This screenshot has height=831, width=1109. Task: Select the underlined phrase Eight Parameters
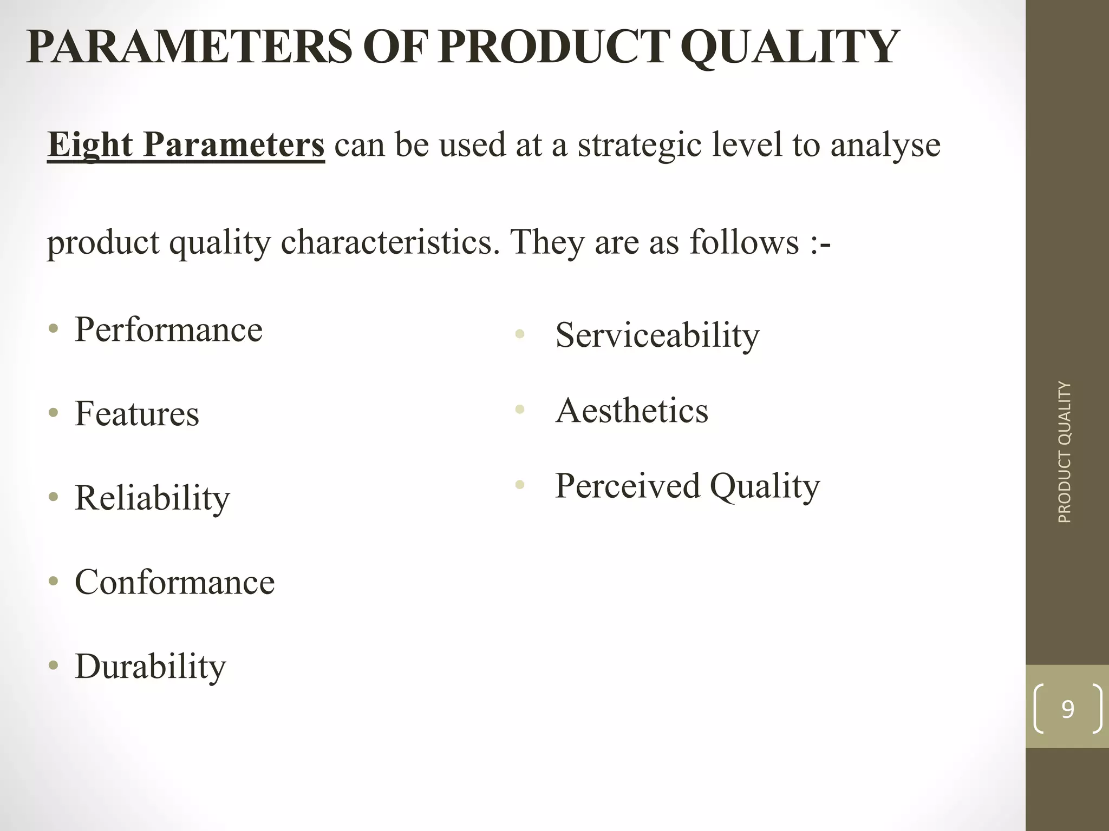coord(186,145)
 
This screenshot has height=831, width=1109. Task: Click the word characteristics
coord(390,242)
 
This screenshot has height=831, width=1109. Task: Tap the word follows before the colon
coord(744,242)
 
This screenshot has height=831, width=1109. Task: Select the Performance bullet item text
coord(168,329)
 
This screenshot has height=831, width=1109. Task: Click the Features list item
coord(136,414)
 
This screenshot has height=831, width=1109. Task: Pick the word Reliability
coord(152,498)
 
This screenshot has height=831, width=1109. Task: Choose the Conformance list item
coord(174,582)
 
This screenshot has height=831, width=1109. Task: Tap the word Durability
coord(150,667)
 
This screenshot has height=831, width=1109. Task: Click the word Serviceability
coord(657,335)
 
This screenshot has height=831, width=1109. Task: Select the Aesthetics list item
coord(631,411)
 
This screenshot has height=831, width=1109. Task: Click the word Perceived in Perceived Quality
coord(628,486)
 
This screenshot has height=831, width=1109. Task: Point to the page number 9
coord(1067,709)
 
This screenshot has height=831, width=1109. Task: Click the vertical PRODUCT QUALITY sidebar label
coord(1064,452)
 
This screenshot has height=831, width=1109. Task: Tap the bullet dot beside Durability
coord(53,667)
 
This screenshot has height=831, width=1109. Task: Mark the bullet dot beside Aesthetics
coord(520,410)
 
